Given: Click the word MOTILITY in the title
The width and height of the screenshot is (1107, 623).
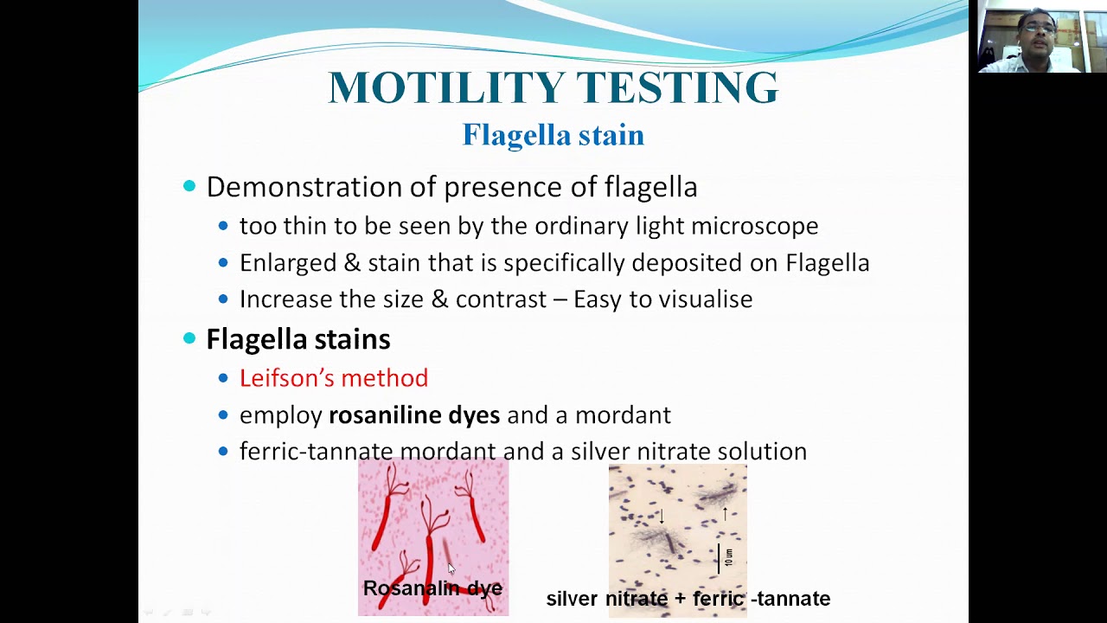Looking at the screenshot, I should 446,87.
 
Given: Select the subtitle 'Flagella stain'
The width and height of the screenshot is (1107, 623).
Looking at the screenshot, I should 553,135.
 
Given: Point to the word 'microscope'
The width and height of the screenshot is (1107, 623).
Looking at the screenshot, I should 755,226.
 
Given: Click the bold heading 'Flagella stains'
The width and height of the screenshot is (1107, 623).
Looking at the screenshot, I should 298,339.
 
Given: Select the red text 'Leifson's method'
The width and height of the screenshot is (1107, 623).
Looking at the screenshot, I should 334,378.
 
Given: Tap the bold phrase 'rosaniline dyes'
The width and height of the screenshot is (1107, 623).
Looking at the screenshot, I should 414,415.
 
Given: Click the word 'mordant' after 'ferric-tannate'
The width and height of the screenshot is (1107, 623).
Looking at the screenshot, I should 448,452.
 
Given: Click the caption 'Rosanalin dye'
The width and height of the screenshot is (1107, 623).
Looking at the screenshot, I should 432,588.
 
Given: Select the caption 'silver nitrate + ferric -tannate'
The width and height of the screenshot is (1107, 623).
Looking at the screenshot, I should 688,599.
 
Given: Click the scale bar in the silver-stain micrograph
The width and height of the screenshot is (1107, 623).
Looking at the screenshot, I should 719,558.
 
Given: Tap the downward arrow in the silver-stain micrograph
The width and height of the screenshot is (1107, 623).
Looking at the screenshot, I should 662,517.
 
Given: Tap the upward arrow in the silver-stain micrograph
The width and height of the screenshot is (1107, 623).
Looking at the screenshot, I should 725,514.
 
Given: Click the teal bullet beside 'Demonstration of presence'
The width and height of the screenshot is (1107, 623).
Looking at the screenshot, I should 189,187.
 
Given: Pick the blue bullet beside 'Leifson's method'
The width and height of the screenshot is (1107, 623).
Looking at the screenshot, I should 223,378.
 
